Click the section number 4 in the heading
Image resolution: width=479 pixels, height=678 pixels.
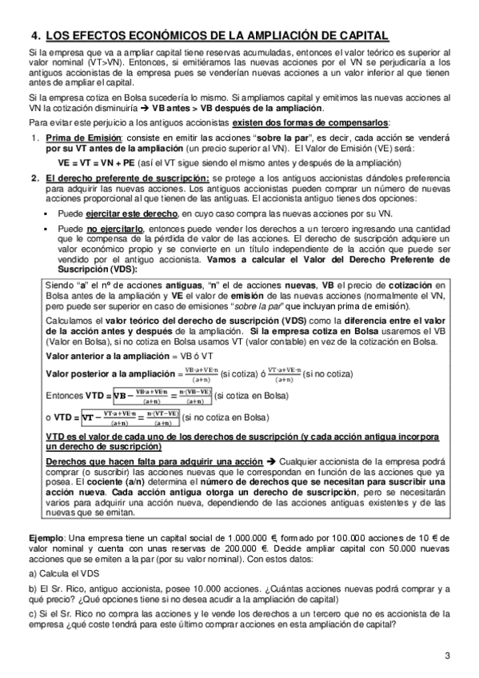pos(34,35)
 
